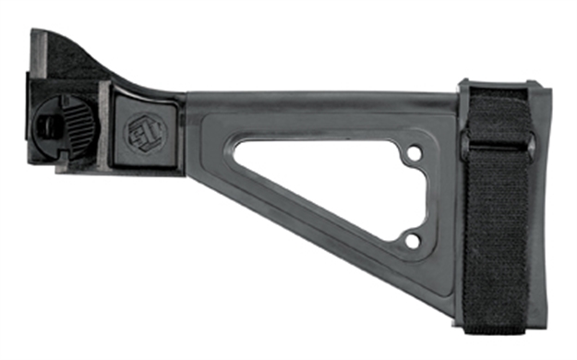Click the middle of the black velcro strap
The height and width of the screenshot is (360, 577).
496,212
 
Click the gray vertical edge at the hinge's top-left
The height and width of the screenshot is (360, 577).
33,55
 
